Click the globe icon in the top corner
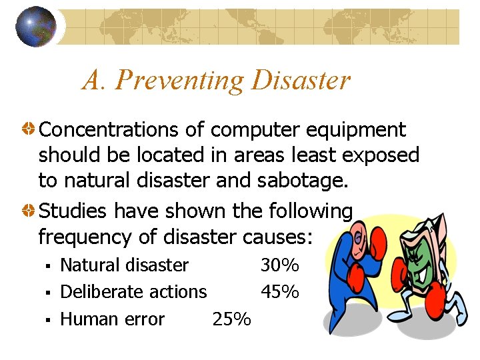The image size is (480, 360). point(36,27)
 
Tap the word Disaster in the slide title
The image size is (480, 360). point(301,81)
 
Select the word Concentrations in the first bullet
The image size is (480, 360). point(122,129)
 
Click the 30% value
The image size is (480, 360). point(279,265)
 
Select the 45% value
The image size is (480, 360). point(279,292)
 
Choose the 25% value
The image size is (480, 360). point(231,319)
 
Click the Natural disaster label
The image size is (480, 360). point(125,265)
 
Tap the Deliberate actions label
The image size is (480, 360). point(133,292)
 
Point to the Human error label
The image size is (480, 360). point(112,319)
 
